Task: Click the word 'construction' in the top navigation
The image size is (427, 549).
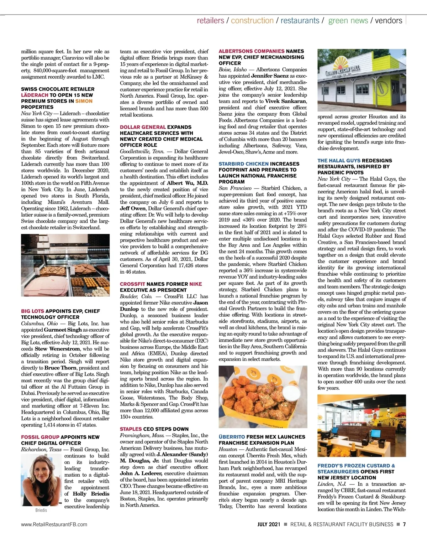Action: point(252,21)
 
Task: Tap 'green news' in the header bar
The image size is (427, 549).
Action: point(348,21)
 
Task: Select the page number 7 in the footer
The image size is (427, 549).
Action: point(404,524)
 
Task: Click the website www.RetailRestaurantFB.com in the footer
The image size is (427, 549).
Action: point(54,524)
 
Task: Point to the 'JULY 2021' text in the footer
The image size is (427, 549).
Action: point(269,524)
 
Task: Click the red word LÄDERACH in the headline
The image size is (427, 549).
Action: point(35,95)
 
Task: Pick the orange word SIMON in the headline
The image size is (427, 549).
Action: point(84,101)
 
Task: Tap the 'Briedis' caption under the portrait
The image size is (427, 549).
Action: point(41,511)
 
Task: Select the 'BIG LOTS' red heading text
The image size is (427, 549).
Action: point(32,311)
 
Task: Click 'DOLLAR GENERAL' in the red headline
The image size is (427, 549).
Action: point(143,127)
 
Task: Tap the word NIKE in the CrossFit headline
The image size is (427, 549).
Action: point(195,284)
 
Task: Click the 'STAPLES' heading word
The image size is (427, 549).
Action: point(131,429)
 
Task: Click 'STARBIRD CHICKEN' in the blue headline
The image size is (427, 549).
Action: point(244,164)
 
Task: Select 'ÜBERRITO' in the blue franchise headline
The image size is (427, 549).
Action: point(232,437)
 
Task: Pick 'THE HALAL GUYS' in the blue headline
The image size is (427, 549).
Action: point(339,161)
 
